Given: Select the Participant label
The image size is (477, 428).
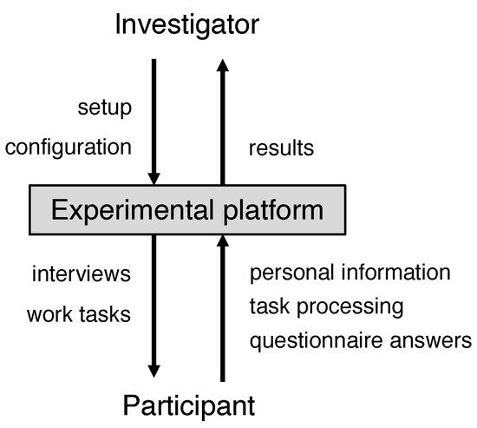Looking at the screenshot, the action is [189, 406].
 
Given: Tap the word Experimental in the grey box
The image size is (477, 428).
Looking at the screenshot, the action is [133, 211].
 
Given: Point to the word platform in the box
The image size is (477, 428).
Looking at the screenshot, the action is [273, 211].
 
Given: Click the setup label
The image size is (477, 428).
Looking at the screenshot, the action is [105, 109].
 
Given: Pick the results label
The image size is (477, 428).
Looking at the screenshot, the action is [281, 148].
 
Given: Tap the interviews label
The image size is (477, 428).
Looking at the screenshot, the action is [82, 273].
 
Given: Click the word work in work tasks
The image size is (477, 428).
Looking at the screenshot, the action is [50, 314].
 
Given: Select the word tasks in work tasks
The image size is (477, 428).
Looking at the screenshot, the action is [105, 314].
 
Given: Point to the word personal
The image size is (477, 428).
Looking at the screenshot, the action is [292, 273].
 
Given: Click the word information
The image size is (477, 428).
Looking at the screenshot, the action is [395, 272].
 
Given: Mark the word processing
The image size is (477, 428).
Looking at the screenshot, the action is [350, 307].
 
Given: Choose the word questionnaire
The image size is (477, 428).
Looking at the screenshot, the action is [316, 341].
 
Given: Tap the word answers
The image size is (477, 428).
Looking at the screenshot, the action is [431, 341].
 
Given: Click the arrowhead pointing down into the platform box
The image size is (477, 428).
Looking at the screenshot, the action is [154, 179].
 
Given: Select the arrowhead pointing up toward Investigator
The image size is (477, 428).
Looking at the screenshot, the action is [223, 65].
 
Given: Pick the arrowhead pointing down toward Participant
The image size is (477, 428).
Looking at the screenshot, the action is [154, 372].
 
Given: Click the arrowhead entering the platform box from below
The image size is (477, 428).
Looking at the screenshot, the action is [223, 240].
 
